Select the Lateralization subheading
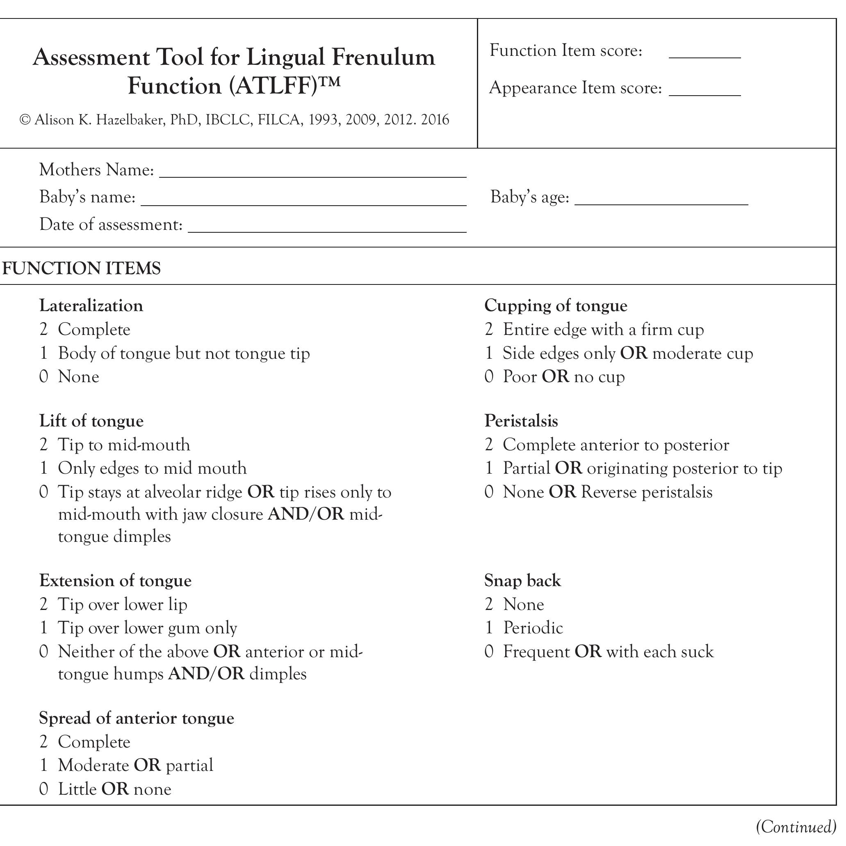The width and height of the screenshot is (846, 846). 91,305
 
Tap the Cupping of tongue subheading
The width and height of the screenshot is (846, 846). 555,305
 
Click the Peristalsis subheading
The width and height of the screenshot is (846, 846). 521,421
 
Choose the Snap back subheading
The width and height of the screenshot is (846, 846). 522,580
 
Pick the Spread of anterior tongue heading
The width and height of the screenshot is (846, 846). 136,718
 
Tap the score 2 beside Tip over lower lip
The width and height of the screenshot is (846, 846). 43,605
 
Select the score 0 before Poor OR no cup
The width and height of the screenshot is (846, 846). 489,376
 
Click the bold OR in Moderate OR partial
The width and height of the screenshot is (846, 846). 147,766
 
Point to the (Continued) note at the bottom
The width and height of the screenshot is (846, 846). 796,827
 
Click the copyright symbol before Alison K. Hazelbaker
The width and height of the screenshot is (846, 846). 25,120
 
